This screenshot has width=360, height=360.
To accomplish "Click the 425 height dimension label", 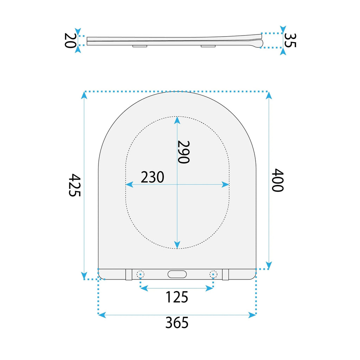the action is [x=75, y=185].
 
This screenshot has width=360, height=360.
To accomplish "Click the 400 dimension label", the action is [x=278, y=180].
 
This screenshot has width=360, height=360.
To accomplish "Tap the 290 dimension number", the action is [x=184, y=152].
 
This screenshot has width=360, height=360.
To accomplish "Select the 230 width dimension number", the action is [x=153, y=177].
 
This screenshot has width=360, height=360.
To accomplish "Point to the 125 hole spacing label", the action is [x=177, y=297].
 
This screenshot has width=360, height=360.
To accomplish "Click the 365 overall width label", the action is [x=177, y=323].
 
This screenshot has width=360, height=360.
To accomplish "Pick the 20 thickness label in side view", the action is [x=70, y=40].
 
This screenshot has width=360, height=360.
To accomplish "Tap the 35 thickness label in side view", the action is [x=290, y=40].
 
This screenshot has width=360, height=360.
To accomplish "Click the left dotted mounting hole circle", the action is [x=140, y=274].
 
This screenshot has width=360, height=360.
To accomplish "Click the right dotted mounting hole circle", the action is [x=213, y=274].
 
